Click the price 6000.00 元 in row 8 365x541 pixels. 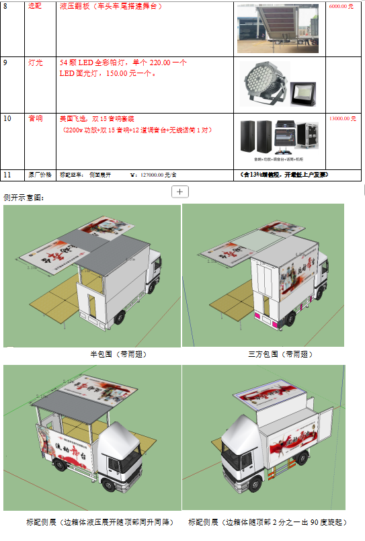(x=341, y=6)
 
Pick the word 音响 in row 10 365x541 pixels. (x=35, y=118)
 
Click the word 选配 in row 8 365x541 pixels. (x=35, y=6)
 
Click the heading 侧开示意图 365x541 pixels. (x=25, y=198)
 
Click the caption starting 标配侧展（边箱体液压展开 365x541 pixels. (x=99, y=522)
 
